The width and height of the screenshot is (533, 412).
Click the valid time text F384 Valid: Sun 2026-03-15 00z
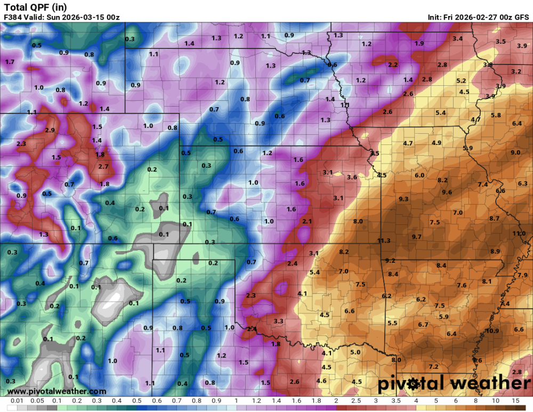[61, 17]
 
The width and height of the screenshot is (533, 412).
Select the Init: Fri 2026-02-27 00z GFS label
[478, 17]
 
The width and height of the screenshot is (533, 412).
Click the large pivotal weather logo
[454, 383]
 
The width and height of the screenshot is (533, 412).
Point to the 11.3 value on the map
[384, 241]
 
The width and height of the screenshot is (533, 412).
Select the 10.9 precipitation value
[492, 331]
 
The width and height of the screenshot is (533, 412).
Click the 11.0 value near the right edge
[519, 233]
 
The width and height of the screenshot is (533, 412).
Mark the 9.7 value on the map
[416, 237]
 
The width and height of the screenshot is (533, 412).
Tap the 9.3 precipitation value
[403, 199]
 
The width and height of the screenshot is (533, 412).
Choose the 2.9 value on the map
[50, 130]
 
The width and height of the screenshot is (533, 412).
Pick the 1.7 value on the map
[10, 62]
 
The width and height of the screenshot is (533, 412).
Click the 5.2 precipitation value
[461, 81]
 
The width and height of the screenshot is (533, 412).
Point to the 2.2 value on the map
[393, 65]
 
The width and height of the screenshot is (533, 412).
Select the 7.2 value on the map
[433, 367]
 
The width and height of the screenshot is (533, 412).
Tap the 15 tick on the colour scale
[515, 400]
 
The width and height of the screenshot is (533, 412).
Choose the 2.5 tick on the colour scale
[356, 400]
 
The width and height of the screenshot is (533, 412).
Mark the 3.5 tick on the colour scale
[395, 400]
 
